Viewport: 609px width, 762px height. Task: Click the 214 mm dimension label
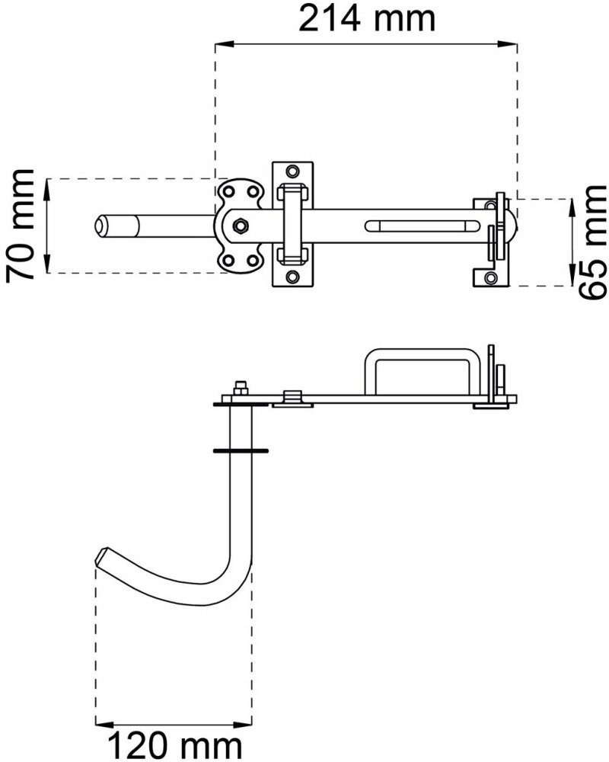pyautogui.click(x=367, y=18)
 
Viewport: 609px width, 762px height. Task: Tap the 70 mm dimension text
pyautogui.click(x=21, y=226)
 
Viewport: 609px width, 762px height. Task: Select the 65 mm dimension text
pyautogui.click(x=592, y=241)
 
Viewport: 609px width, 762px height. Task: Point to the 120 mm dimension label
pyautogui.click(x=174, y=745)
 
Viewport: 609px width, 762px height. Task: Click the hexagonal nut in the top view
pyautogui.click(x=240, y=226)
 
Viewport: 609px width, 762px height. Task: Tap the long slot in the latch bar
pyautogui.click(x=422, y=226)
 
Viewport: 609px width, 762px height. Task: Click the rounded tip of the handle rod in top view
pyautogui.click(x=100, y=226)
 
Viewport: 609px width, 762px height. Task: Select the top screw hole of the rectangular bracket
pyautogui.click(x=292, y=171)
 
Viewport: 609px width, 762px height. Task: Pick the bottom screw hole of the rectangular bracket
pyautogui.click(x=292, y=277)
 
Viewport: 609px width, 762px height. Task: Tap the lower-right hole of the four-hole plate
pyautogui.click(x=253, y=261)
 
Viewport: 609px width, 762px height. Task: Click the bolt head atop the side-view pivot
pyautogui.click(x=240, y=388)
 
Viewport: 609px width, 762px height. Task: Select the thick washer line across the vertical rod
pyautogui.click(x=241, y=451)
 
